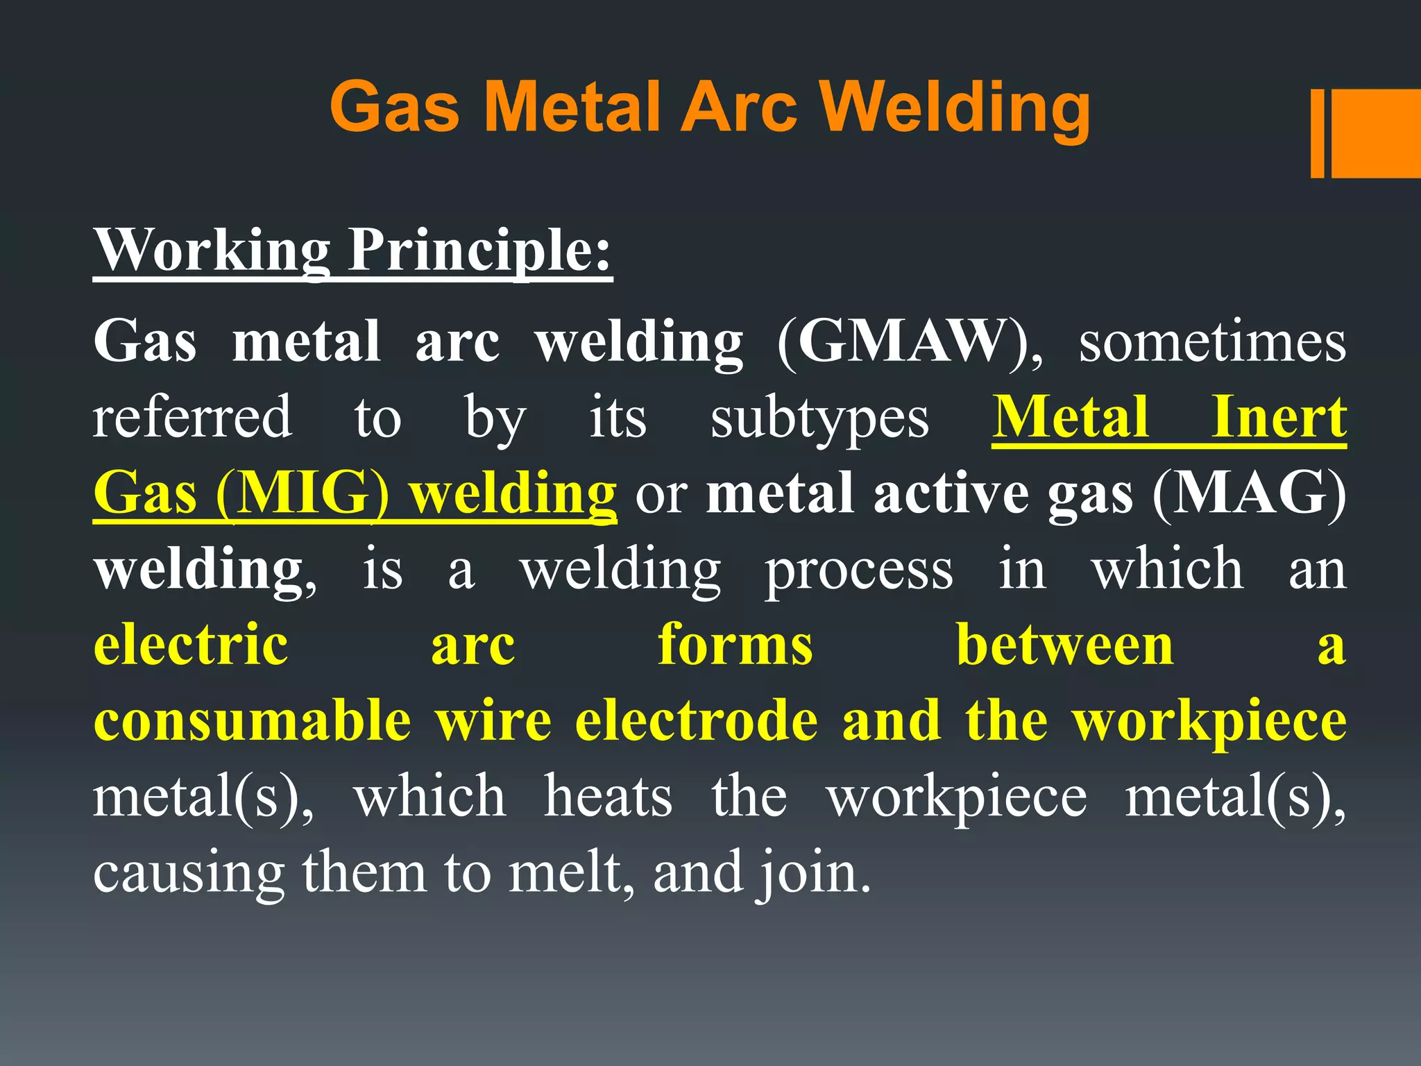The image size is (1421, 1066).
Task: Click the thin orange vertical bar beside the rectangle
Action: [x=1318, y=133]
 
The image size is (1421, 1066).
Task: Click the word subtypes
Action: [x=819, y=419]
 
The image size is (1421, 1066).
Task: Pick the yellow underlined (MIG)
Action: [x=303, y=493]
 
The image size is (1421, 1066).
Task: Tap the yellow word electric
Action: [x=191, y=645]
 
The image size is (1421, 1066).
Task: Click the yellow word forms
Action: [x=735, y=645]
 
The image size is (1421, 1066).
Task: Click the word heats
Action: [x=608, y=796]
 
